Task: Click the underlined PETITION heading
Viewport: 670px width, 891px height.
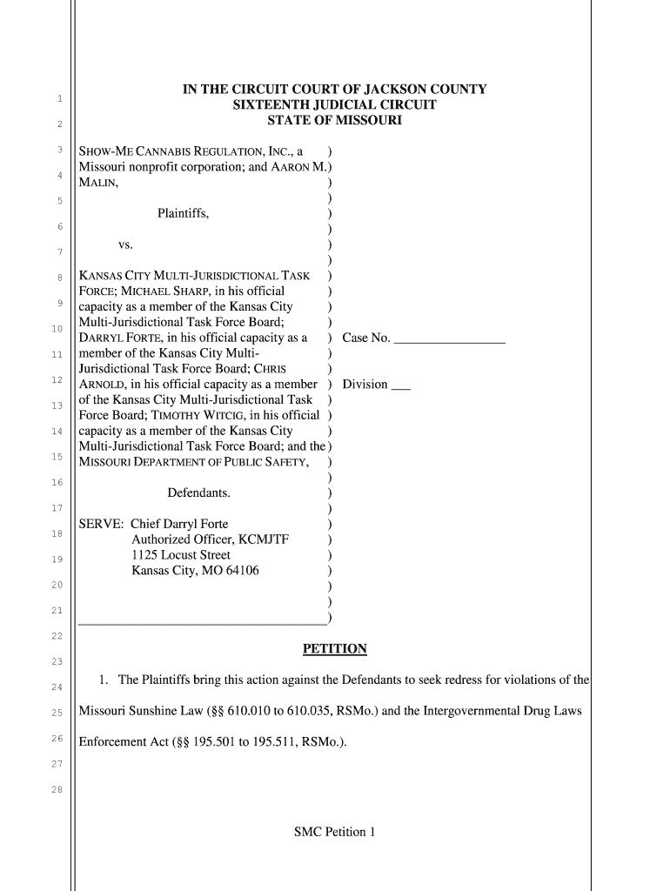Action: coord(334,649)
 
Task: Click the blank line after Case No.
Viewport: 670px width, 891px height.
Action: coord(449,339)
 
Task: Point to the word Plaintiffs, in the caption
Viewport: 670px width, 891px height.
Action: coord(183,213)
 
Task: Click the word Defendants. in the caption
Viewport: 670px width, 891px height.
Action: coord(198,493)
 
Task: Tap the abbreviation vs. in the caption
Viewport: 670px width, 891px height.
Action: coord(125,245)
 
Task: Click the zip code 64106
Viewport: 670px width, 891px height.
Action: coord(239,571)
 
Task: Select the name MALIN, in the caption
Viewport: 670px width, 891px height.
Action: coord(99,183)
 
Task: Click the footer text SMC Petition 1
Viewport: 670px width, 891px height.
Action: coord(334,832)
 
